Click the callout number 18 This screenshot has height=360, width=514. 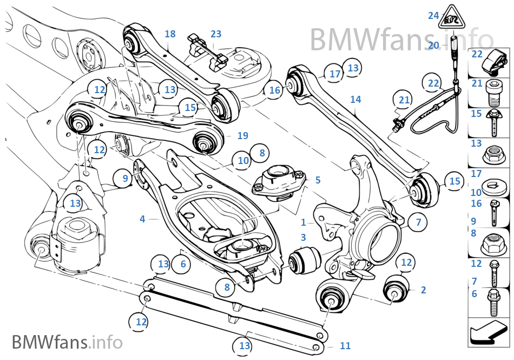coord(170,34)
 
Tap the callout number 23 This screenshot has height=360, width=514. coord(216,34)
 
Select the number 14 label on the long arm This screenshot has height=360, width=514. coord(355,100)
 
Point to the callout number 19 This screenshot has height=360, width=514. coord(242,135)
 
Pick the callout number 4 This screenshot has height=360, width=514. coord(142,219)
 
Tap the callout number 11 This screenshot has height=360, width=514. coord(345,345)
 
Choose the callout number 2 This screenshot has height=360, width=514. coord(423,290)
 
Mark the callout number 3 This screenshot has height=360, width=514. coord(303,237)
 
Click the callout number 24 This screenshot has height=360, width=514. coord(433,16)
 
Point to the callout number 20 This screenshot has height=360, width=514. coord(433,45)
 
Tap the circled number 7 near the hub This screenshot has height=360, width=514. coord(418,221)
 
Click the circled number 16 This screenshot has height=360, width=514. coord(275,90)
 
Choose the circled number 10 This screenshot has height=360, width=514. coord(243,160)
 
